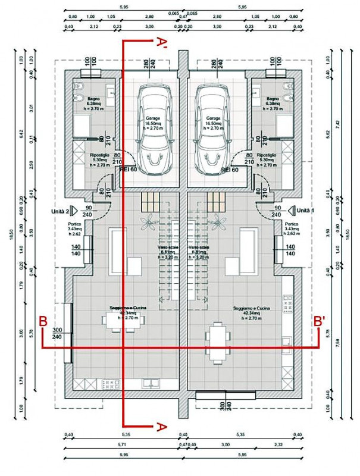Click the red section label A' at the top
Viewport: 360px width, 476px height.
click(x=161, y=43)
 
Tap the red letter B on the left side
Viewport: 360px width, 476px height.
click(x=43, y=320)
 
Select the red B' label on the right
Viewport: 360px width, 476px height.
click(x=320, y=320)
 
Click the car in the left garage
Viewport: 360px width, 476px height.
click(x=154, y=126)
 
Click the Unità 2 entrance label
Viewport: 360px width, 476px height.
click(x=62, y=211)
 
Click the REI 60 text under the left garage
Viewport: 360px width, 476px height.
click(x=130, y=170)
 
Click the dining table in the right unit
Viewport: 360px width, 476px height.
click(x=218, y=342)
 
